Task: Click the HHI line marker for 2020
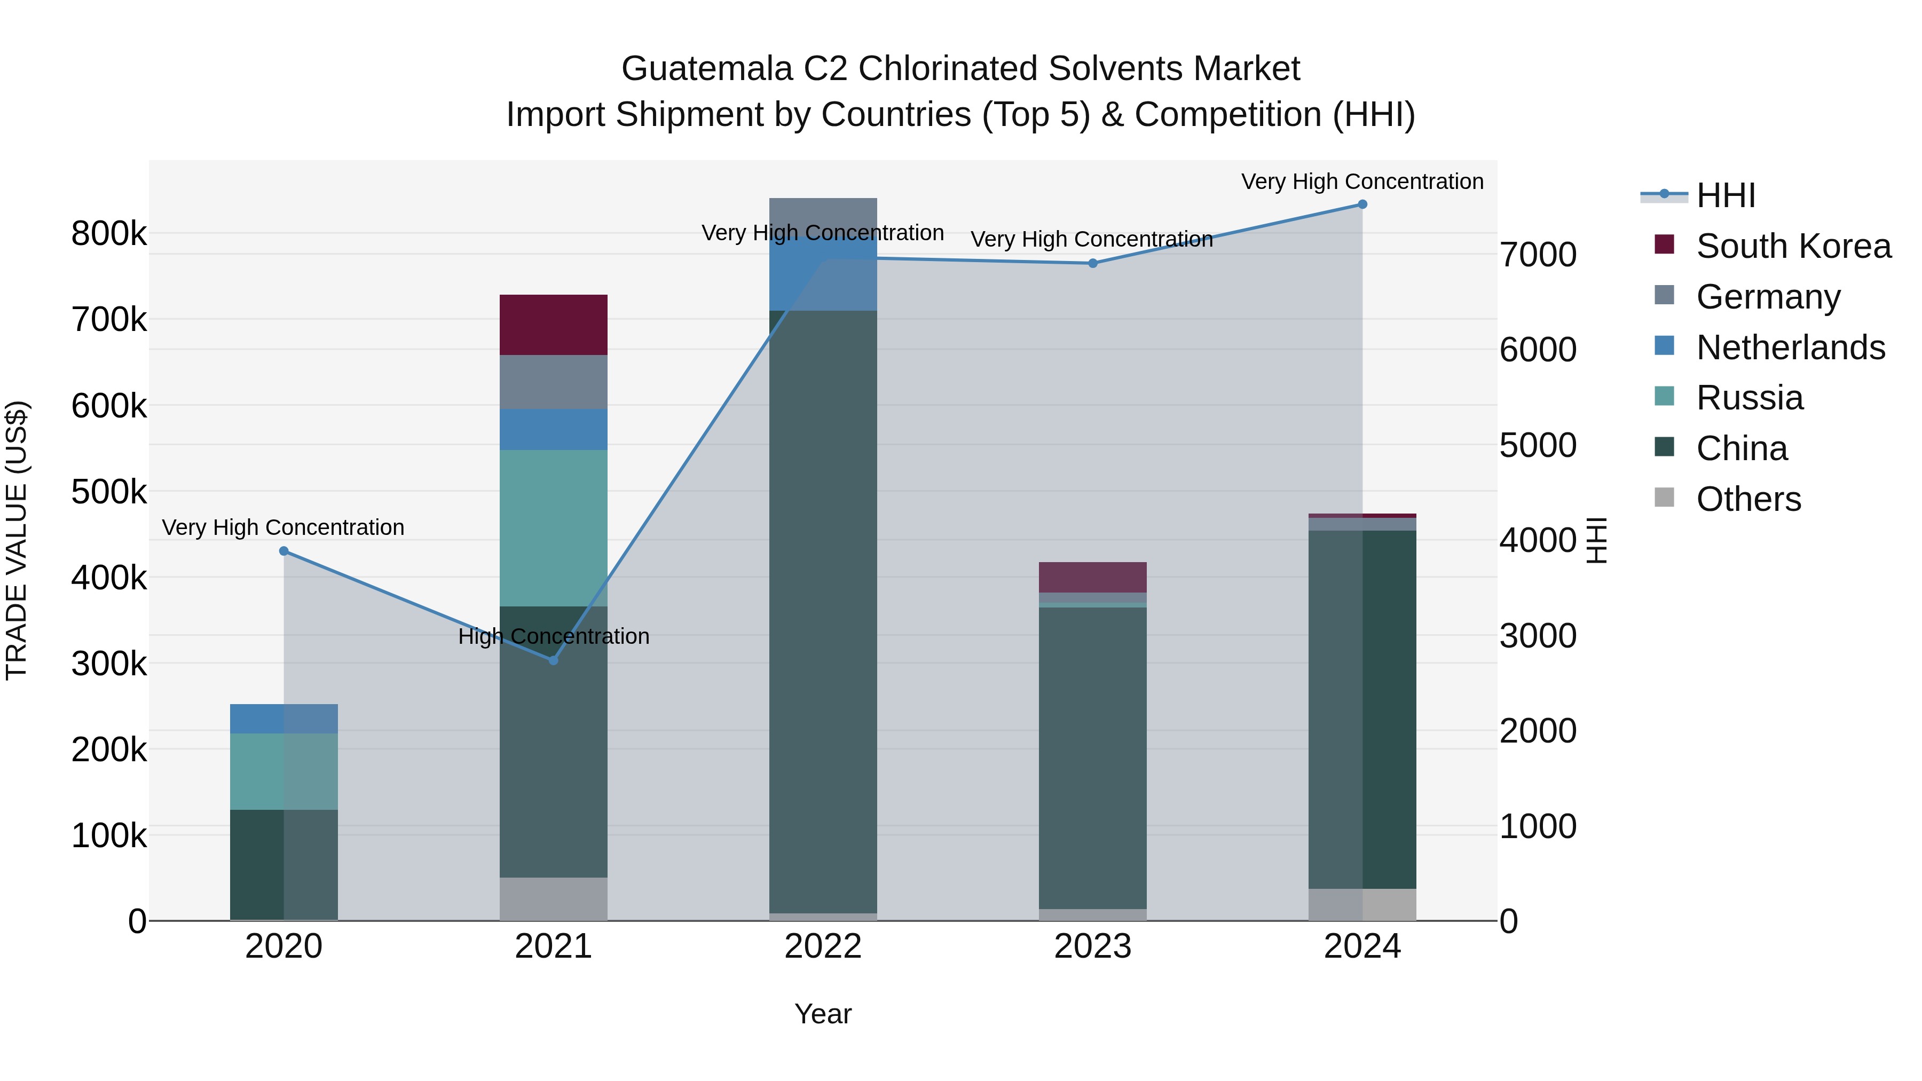[283, 551]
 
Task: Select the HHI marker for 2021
[554, 660]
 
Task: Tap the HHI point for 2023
[1093, 263]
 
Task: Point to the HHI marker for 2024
[1362, 204]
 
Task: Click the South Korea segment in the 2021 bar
[554, 325]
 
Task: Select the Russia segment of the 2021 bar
[554, 527]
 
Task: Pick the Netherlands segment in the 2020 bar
[283, 719]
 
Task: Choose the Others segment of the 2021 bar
[554, 898]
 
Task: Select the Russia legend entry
[1750, 398]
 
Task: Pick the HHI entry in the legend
[1726, 195]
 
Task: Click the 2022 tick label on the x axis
[823, 946]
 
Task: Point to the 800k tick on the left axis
[109, 233]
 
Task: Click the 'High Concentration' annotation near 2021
[554, 636]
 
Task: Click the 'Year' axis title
[823, 1014]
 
